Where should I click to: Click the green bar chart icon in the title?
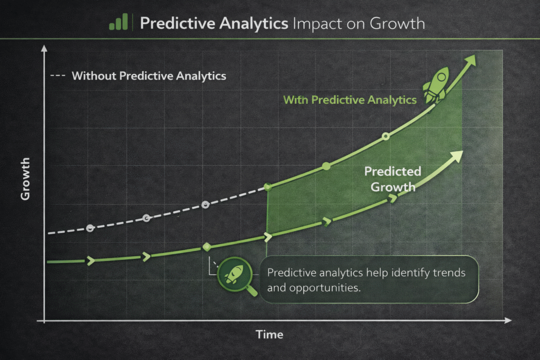click(x=119, y=22)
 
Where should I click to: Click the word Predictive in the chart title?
click(x=178, y=23)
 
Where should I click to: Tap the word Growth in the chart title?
click(x=398, y=23)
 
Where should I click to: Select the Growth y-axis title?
click(x=25, y=179)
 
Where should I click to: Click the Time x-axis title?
click(x=269, y=335)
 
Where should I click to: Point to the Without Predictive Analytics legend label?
click(x=149, y=76)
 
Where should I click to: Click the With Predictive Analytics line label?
click(x=350, y=100)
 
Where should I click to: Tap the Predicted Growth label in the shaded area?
click(x=392, y=179)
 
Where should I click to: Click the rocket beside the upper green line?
click(x=437, y=85)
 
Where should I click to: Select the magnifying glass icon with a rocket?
click(x=236, y=275)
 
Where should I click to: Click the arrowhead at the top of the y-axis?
click(x=44, y=48)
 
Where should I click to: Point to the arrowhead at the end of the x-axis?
click(x=508, y=320)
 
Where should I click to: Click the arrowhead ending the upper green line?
click(x=470, y=61)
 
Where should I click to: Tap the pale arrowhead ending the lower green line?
click(x=456, y=156)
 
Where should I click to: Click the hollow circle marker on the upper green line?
click(x=385, y=137)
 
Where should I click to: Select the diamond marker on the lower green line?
click(x=207, y=247)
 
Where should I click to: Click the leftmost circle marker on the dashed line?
click(x=90, y=228)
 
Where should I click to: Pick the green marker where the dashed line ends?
click(x=267, y=187)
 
